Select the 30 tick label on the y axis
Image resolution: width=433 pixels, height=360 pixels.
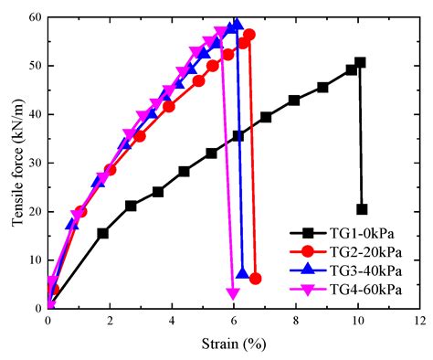point(35,163)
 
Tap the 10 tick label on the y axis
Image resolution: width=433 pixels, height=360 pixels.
point(35,260)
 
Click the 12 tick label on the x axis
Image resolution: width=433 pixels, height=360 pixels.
point(419,322)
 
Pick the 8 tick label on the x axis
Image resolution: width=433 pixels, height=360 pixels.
point(295,322)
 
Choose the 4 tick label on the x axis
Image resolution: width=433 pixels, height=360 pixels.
point(172,322)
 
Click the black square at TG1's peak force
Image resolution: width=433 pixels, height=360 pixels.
point(360,63)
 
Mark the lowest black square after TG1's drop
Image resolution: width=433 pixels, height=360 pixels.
point(362,209)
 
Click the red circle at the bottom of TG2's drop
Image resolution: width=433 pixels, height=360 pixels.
point(255,279)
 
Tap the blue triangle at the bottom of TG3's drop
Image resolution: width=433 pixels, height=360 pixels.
point(242,273)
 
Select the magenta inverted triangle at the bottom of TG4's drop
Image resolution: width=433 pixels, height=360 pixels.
point(233,294)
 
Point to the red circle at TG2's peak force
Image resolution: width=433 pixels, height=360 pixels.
point(249,35)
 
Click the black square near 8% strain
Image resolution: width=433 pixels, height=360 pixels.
point(294,101)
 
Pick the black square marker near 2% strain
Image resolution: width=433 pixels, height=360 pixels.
point(103,233)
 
